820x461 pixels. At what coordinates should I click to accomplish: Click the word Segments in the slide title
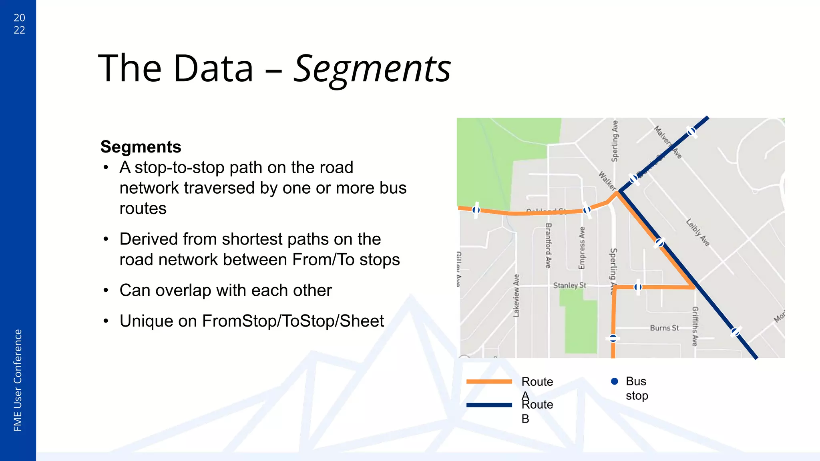pos(372,69)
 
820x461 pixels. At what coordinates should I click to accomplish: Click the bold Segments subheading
pos(141,147)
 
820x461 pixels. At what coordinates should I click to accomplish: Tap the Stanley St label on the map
pos(569,285)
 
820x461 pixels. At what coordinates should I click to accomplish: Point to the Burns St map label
pos(664,328)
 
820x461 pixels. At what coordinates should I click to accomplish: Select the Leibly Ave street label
pos(698,232)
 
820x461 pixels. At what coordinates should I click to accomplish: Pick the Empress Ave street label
pos(582,248)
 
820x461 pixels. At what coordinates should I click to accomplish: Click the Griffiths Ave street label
pos(695,326)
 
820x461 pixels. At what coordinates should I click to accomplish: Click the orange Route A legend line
pos(489,381)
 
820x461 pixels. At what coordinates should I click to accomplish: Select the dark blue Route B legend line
pos(489,405)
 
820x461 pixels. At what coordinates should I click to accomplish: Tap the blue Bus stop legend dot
pos(615,381)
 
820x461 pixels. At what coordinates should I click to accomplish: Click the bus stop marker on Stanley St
pos(638,287)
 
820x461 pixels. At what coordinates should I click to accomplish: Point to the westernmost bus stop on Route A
pos(476,210)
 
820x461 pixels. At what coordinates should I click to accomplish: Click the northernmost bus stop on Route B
pos(691,131)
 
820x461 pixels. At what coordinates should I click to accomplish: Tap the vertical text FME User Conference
pos(18,380)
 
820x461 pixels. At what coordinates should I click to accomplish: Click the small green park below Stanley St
pos(581,324)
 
